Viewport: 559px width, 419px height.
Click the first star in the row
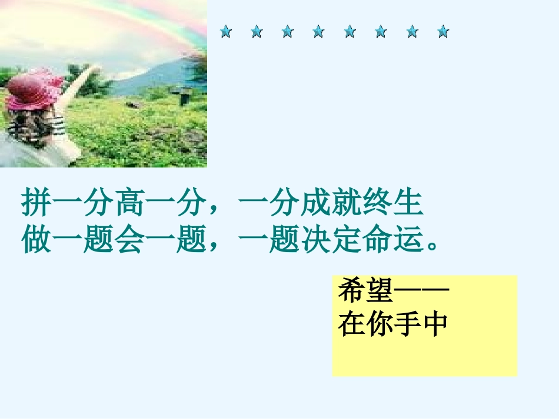pos(226,31)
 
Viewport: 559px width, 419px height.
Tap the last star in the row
pos(443,31)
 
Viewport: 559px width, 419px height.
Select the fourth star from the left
pos(318,31)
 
